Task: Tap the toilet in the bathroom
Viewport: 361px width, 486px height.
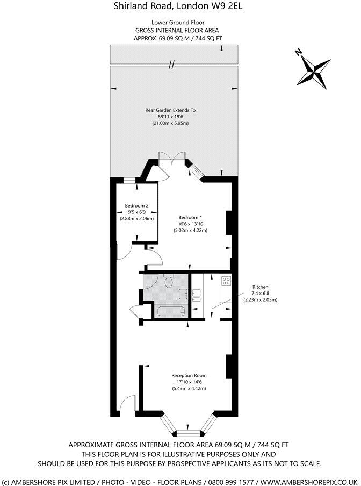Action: point(168,282)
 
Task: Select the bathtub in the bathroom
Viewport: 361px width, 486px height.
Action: point(170,311)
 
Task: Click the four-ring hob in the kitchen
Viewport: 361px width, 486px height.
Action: point(225,280)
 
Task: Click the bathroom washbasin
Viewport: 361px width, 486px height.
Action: point(183,294)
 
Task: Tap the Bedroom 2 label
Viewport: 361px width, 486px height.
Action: point(136,205)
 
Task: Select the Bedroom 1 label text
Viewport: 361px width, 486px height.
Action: point(190,217)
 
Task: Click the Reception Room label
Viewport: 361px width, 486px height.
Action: point(189,375)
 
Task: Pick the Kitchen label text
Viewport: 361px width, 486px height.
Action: point(261,287)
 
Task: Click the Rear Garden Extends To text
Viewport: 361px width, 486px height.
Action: point(170,110)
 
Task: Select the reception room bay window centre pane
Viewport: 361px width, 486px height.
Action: point(188,432)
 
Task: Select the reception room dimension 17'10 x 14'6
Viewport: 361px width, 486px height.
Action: point(189,382)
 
